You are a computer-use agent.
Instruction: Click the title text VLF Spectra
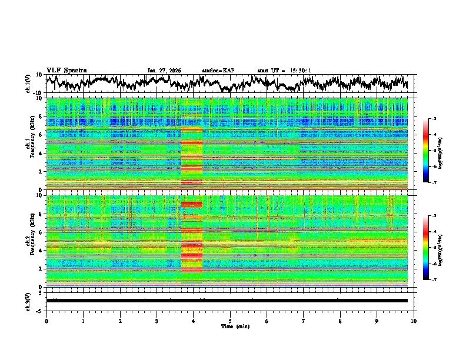[66, 71]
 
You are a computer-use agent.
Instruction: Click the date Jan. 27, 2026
[164, 71]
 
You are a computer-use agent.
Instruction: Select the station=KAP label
[218, 71]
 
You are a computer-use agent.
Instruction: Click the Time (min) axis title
[230, 326]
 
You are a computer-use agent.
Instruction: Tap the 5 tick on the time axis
[230, 321]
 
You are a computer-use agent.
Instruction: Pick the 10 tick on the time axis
[414, 321]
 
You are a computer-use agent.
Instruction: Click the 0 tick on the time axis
[46, 321]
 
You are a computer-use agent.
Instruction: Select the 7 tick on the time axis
[304, 321]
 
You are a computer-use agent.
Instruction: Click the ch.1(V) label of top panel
[28, 84]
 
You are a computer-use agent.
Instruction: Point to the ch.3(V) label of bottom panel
[28, 301]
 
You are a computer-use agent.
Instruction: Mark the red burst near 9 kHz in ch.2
[192, 204]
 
